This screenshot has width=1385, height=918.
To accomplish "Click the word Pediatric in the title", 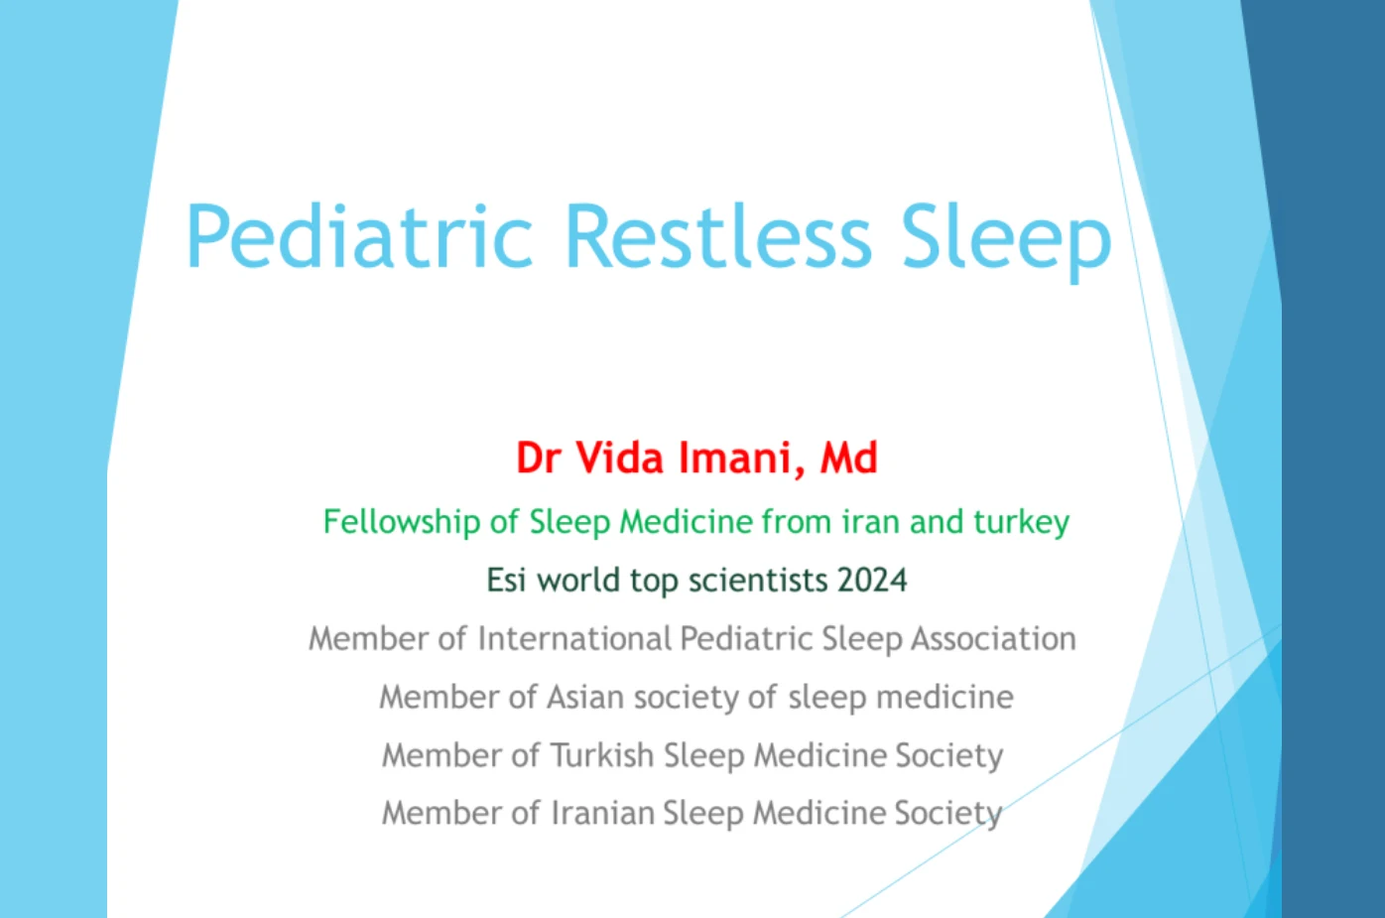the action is [x=359, y=236].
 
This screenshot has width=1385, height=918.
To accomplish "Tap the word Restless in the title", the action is [x=718, y=236].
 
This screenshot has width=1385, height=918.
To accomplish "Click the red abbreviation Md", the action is [x=849, y=458].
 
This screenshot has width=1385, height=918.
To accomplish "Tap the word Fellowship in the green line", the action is [x=402, y=522].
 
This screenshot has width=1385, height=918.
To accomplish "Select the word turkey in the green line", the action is [x=1022, y=522].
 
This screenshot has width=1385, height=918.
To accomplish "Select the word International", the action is [x=574, y=638].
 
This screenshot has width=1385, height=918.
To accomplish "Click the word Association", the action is [x=994, y=638].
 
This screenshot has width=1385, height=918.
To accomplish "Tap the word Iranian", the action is [x=602, y=813].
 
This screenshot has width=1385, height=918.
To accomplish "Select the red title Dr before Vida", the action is [x=539, y=458].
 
